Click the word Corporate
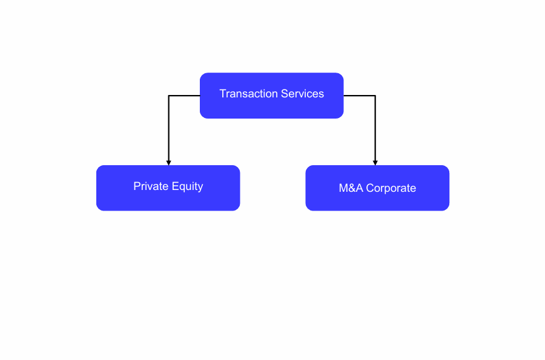click(391, 188)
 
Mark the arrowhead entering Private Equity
click(168, 163)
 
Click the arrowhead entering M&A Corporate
click(375, 163)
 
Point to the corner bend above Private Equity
click(168, 96)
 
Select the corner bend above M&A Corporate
click(375, 96)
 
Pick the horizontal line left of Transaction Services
click(184, 96)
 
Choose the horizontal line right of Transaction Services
click(360, 96)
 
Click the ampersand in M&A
click(351, 188)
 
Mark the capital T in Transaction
click(222, 94)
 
